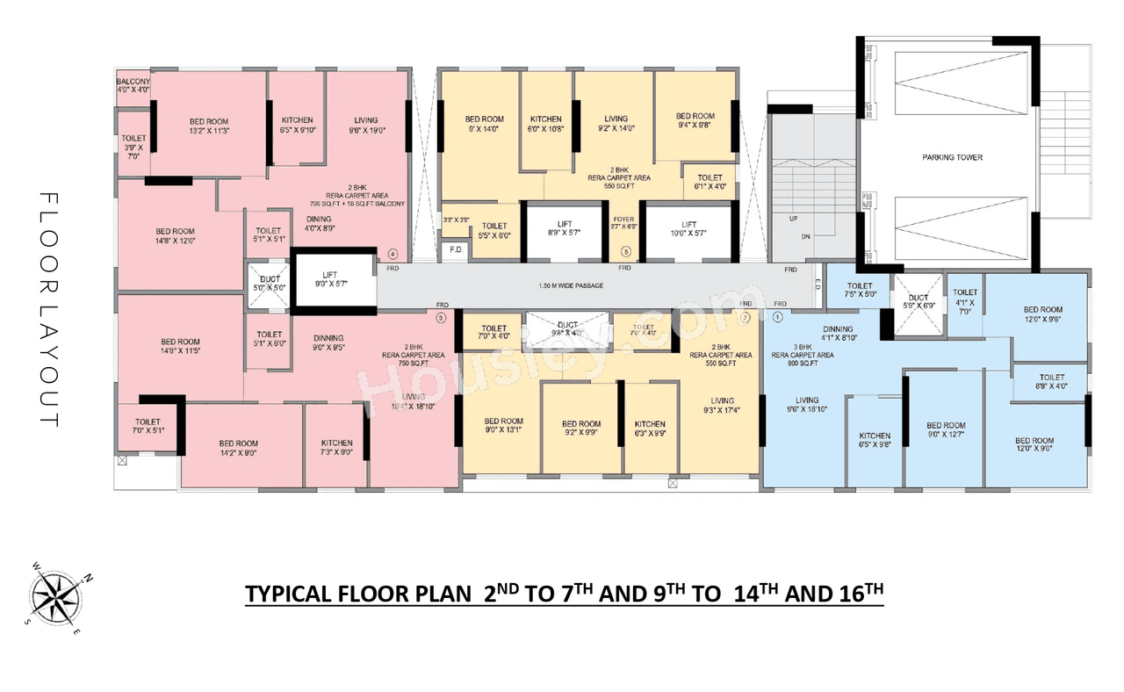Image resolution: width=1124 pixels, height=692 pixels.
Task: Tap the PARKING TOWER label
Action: [x=952, y=158]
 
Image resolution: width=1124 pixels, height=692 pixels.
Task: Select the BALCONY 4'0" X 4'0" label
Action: [x=133, y=86]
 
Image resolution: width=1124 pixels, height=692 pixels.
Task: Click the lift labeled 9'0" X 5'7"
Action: [x=333, y=279]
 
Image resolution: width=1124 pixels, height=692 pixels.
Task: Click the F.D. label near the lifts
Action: [x=456, y=249]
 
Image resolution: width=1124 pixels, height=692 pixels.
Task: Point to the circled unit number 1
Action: [x=777, y=316]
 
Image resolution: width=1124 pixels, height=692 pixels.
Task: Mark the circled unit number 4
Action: [x=393, y=255]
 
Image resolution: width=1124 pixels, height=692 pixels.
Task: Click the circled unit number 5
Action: [x=626, y=250]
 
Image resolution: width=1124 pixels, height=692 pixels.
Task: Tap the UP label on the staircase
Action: [x=794, y=219]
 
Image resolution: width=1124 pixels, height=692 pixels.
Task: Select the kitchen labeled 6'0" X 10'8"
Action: [x=545, y=124]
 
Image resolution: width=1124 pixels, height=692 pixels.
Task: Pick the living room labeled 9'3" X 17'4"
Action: [x=722, y=406]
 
